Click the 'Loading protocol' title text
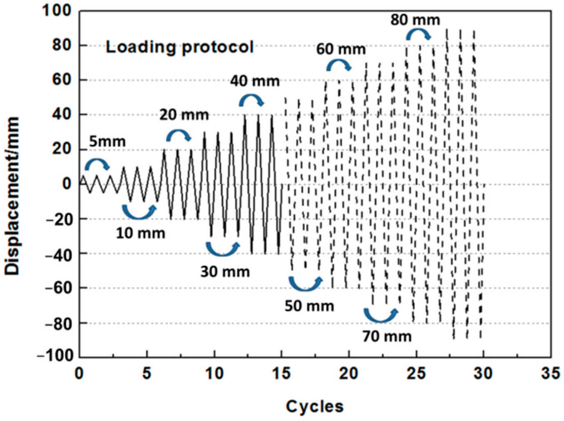coord(180,47)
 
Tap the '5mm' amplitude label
coord(107,142)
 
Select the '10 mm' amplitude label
coord(140,233)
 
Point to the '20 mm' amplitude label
coord(184,115)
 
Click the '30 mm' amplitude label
coord(225,272)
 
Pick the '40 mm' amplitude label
coord(255,81)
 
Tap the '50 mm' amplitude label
coord(309,306)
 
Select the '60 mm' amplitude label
coord(341,49)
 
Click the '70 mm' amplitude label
coord(387,336)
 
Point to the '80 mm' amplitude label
coord(415,20)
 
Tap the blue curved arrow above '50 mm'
coord(306,283)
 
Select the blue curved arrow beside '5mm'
coord(97,164)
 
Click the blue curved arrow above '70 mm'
coord(381,315)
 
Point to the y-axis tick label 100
coord(57,10)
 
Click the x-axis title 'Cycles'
coord(314,406)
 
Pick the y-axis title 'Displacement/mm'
coord(12,196)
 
